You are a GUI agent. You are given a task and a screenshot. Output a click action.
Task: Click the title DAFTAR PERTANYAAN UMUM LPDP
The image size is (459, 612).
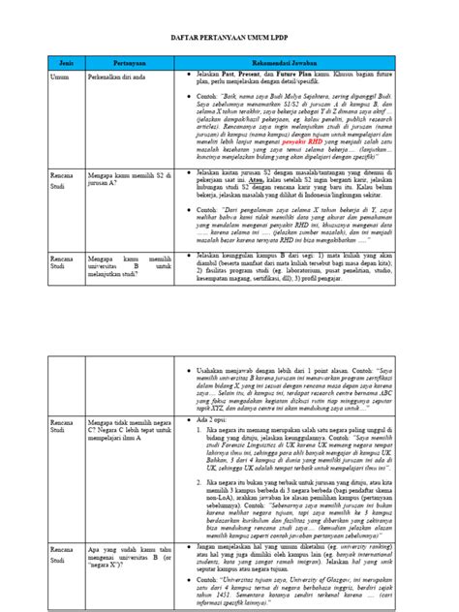coord(229,38)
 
